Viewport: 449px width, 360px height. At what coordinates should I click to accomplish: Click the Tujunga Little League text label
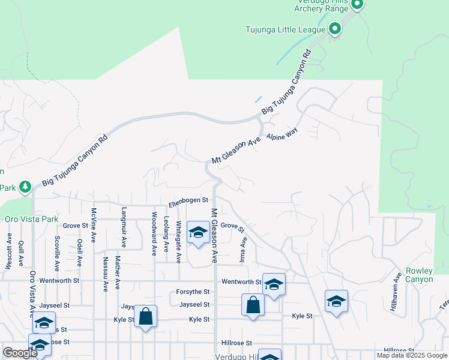click(285, 29)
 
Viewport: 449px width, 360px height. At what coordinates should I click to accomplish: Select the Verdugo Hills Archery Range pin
click(357, 5)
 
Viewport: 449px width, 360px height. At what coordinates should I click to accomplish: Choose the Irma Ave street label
click(244, 248)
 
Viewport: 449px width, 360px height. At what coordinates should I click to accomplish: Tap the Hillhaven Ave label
click(397, 290)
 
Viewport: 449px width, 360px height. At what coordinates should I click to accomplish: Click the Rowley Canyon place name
click(419, 275)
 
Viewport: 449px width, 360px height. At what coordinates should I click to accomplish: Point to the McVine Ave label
click(94, 225)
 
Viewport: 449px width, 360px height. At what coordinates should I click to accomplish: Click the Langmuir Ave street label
click(124, 227)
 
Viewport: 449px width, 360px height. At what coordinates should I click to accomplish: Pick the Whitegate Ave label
click(178, 241)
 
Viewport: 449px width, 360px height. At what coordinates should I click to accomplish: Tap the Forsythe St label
click(193, 292)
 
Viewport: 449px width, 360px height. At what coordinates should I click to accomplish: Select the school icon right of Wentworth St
click(274, 284)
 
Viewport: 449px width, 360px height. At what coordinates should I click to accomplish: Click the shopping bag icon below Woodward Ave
click(145, 316)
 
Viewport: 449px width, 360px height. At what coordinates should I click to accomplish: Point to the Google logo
click(20, 353)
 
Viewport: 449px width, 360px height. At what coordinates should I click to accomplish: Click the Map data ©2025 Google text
click(412, 355)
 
